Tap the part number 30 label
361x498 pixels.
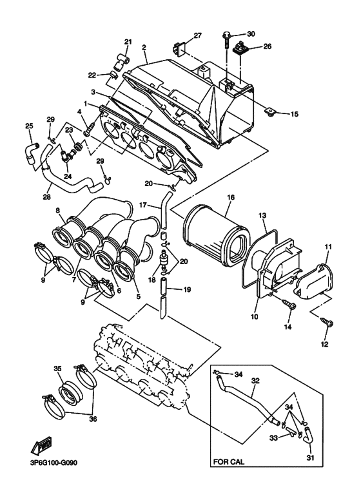click(x=251, y=33)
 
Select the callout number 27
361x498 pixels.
click(x=198, y=35)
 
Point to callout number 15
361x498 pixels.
click(x=294, y=114)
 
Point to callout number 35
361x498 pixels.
click(x=57, y=369)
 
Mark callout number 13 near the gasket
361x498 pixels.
click(x=262, y=215)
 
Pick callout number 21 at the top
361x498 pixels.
click(x=128, y=43)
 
